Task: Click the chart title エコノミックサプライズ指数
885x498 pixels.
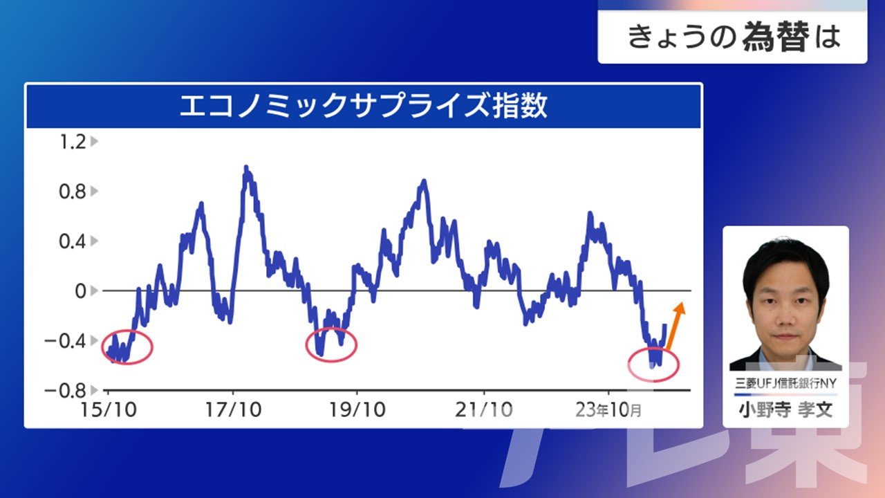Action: click(364, 106)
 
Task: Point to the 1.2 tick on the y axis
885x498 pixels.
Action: click(73, 142)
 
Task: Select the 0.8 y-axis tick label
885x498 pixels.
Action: click(73, 192)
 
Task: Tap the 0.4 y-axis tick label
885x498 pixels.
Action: click(73, 241)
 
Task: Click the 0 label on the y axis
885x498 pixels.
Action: click(81, 291)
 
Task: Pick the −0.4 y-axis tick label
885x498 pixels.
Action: click(65, 341)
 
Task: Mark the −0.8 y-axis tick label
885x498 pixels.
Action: click(65, 391)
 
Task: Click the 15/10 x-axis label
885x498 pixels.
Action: click(109, 410)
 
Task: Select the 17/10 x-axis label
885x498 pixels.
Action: click(233, 410)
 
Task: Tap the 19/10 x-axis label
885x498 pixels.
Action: click(357, 410)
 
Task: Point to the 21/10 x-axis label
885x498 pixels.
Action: click(483, 410)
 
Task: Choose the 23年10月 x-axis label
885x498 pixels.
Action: click(608, 410)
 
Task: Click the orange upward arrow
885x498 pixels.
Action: click(676, 326)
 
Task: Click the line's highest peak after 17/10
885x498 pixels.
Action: click(246, 167)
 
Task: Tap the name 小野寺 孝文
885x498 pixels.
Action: click(786, 410)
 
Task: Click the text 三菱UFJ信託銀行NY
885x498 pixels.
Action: click(786, 383)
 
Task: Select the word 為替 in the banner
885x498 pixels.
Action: click(776, 37)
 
